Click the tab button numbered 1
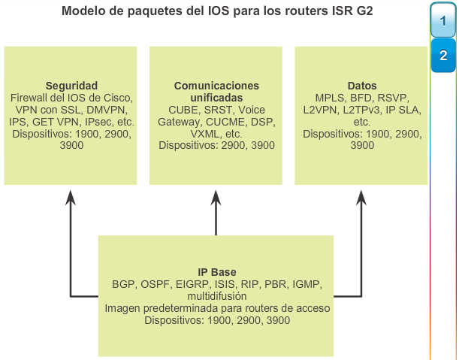pos(443,21)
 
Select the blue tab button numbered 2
pos(443,55)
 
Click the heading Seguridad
pos(71,86)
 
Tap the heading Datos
pos(362,86)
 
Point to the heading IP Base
pos(217,272)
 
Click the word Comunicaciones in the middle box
pos(216,86)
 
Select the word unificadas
pos(216,98)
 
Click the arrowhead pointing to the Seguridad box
pos(71,198)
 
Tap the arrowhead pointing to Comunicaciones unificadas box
pos(216,198)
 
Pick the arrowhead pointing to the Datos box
pos(361,198)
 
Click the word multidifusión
pos(217,296)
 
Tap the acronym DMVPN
pos(107,110)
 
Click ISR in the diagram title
pos(343,11)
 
